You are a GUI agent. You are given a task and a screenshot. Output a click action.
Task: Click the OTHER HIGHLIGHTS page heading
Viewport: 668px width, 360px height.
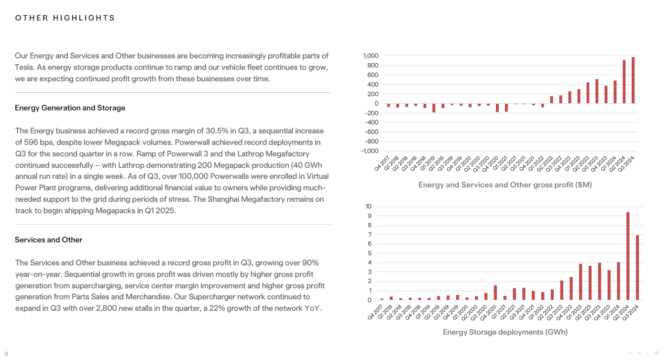click(65, 18)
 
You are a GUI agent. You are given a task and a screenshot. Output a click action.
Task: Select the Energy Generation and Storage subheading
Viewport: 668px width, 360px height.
click(70, 108)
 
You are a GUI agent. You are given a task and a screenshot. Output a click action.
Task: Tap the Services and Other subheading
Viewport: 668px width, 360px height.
click(48, 240)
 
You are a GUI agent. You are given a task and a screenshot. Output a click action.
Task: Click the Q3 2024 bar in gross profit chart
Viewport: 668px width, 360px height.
click(633, 80)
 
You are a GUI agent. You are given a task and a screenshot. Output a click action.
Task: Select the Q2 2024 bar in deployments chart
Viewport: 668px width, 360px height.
click(628, 256)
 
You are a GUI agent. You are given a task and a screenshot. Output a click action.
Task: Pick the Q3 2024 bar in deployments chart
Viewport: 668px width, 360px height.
click(637, 267)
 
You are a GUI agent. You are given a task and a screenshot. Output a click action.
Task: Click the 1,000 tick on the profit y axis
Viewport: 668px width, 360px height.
click(371, 56)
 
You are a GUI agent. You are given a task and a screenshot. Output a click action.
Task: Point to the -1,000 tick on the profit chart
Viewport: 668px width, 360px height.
click(369, 151)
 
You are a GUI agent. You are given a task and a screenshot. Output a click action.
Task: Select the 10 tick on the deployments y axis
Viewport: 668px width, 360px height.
click(368, 207)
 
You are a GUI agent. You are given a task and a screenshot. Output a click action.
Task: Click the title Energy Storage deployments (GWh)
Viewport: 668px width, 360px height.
click(505, 332)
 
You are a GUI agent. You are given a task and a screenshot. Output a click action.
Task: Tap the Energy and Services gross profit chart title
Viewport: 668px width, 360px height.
click(505, 185)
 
